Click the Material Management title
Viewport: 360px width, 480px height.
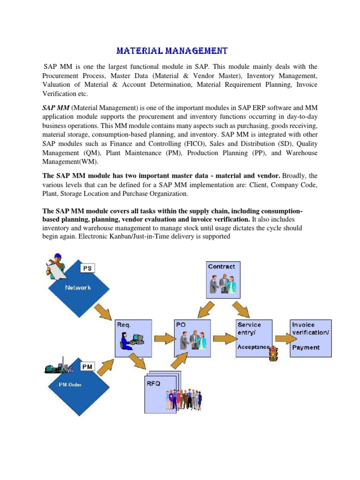click(172, 51)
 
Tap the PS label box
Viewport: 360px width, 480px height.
click(87, 268)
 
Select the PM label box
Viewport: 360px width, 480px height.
click(87, 366)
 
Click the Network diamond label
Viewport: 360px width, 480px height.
click(78, 287)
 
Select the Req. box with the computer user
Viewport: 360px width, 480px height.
click(133, 338)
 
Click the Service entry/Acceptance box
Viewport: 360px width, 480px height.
click(255, 337)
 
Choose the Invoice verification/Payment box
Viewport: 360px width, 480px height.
click(311, 337)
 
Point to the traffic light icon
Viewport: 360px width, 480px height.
click(274, 354)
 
